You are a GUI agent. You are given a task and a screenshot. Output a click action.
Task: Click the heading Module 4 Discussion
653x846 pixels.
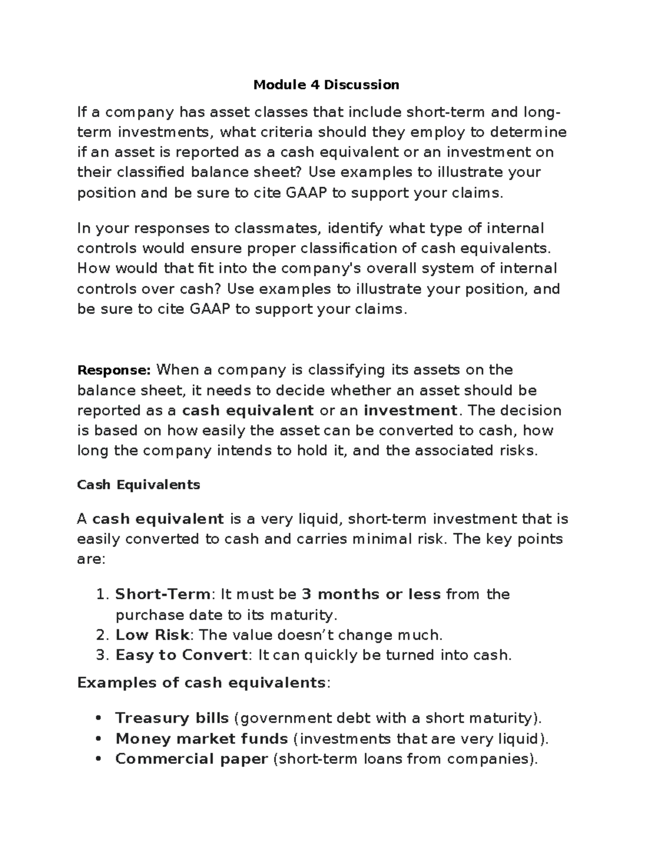[326, 84]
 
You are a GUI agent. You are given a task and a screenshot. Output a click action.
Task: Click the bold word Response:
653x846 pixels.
[114, 370]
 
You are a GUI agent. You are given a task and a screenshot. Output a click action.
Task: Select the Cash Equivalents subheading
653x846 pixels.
[139, 485]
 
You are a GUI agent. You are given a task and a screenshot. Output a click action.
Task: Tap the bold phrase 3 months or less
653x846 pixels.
[371, 594]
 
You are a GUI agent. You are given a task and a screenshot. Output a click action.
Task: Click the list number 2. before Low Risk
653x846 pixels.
[102, 635]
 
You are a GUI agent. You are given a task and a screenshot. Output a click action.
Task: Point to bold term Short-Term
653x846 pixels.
[162, 594]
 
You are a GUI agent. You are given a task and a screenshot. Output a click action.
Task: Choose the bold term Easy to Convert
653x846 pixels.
[181, 655]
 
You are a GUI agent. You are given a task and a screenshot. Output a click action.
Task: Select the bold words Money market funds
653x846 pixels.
[201, 739]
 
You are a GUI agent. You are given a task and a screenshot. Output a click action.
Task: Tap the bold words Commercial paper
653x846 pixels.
[192, 759]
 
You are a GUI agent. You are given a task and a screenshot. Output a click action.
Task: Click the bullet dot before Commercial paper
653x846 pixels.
[98, 759]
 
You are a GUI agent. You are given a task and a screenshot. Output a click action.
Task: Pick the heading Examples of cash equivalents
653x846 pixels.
[201, 683]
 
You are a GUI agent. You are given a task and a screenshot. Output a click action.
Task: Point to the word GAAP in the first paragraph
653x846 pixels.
[306, 193]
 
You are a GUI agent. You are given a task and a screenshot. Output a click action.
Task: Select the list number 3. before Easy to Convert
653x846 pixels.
[102, 655]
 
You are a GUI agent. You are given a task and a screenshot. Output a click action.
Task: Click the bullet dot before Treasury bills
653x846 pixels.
[98, 718]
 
